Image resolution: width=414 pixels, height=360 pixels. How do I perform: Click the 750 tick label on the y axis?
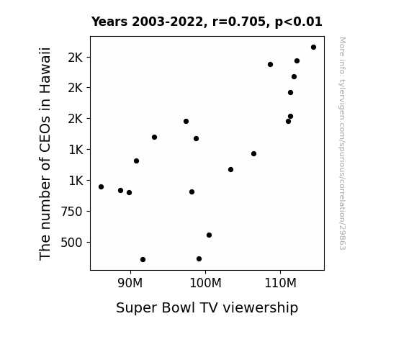(71, 212)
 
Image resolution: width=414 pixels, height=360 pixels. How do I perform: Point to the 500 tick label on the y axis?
(71, 243)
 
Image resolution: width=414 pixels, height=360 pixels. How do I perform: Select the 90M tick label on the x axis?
(130, 283)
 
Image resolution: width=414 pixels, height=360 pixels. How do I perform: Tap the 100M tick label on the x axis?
(205, 283)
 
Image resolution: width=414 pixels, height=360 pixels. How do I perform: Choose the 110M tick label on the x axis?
(280, 283)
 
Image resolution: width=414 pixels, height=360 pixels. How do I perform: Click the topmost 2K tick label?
(76, 58)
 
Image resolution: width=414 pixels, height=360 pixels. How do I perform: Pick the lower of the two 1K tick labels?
(76, 181)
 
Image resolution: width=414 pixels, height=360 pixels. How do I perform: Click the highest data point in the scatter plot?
(313, 48)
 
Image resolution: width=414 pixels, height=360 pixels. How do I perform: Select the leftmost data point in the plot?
(101, 186)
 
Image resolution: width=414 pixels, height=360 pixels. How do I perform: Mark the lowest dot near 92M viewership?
(143, 260)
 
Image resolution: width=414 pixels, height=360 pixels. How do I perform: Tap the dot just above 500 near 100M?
(209, 235)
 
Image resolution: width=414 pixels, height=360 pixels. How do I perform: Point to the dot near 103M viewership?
(231, 170)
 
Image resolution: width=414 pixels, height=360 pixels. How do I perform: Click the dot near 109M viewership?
(270, 65)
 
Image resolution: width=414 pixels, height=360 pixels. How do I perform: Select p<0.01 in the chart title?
(298, 22)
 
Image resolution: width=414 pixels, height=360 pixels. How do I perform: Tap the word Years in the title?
(109, 22)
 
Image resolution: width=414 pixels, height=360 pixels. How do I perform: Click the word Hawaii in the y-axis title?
(45, 71)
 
